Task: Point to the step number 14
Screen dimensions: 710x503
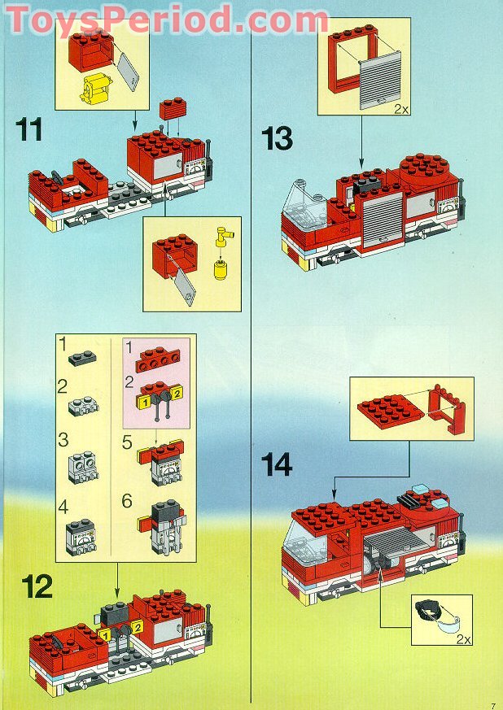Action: point(278,464)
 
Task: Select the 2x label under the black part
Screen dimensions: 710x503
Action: point(463,639)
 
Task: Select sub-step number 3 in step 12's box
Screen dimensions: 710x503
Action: point(63,440)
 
